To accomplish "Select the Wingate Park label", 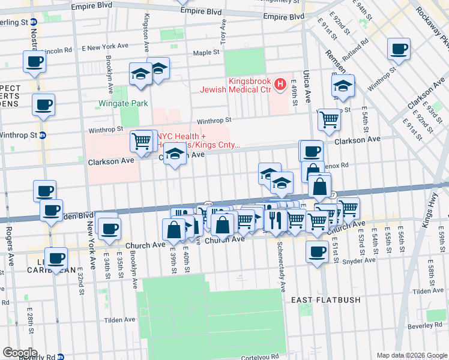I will [x=123, y=103].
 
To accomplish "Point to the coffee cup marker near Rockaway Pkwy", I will [x=399, y=49].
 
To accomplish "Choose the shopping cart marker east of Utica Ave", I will [x=329, y=119].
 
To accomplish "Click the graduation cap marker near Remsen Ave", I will [x=343, y=86].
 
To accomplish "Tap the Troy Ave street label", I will [x=223, y=32].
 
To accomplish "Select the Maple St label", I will [x=207, y=53].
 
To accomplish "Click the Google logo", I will [x=19, y=353].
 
